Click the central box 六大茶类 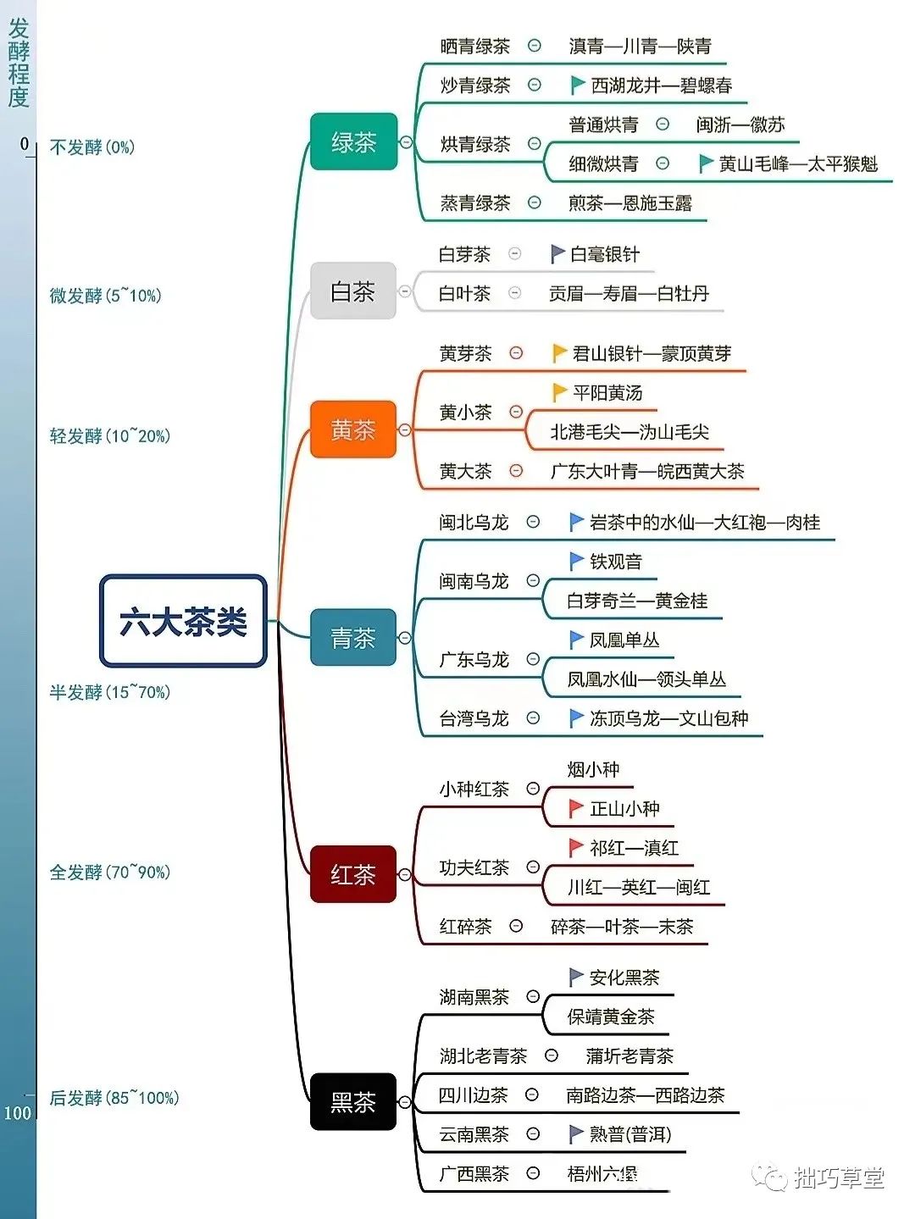tap(183, 621)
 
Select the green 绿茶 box tap(353, 141)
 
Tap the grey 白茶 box tap(353, 291)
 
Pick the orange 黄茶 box tap(353, 429)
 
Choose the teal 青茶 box tap(353, 637)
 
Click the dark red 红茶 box tap(353, 873)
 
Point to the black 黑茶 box tap(353, 1101)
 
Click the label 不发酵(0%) tap(91, 147)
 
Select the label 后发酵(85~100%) tap(114, 1098)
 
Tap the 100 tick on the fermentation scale tap(17, 1112)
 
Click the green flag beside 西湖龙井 tap(578, 85)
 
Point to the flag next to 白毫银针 tap(557, 253)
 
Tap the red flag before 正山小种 tap(576, 808)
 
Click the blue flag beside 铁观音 tap(576, 561)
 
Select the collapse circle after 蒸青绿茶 tap(535, 202)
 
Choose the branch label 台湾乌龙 tap(474, 718)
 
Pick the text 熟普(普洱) tap(630, 1134)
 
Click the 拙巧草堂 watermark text tap(839, 1177)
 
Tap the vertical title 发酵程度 tap(19, 63)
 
